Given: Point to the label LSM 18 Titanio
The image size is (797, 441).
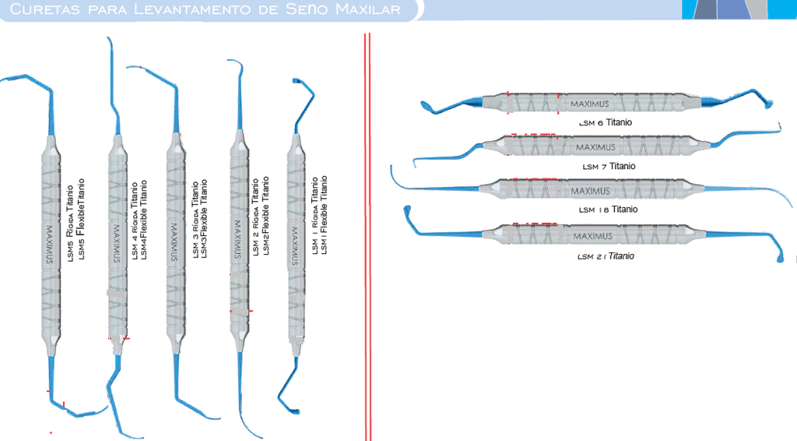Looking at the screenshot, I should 609,210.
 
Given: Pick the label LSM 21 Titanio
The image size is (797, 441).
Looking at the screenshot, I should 606,256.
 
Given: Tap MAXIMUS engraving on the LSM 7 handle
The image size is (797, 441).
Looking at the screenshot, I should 595,146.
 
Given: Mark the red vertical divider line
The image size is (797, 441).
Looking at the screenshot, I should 366,234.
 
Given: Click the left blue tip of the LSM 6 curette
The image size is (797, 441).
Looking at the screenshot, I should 427,105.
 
